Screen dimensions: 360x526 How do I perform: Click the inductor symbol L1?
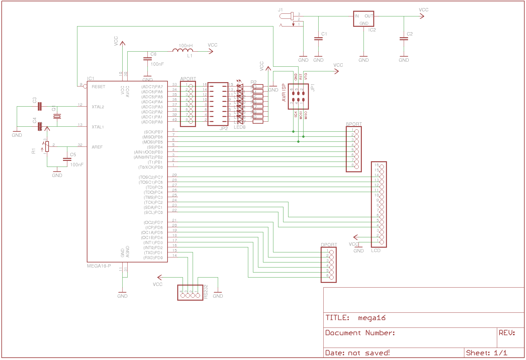[x=183, y=51]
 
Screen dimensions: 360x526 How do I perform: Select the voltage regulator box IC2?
[x=364, y=19]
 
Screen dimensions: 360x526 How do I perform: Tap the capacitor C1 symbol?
[x=318, y=39]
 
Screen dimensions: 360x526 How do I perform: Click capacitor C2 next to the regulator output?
[x=404, y=39]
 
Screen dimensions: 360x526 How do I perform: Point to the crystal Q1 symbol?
[x=57, y=116]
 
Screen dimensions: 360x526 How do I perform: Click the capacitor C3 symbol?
[x=40, y=107]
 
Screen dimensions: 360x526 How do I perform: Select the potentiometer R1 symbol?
[x=47, y=146]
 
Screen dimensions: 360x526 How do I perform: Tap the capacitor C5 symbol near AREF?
[x=67, y=160]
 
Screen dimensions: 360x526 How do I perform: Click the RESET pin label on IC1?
[x=98, y=87]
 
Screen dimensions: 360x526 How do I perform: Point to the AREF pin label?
[x=97, y=147]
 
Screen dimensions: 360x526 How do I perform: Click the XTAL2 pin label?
[x=98, y=107]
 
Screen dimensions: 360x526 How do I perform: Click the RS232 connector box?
[x=190, y=292]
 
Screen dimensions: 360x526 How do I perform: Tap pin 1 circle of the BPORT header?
[x=356, y=132]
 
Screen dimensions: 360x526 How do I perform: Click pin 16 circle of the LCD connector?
[x=382, y=167]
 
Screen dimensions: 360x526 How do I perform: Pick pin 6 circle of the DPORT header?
[x=331, y=277]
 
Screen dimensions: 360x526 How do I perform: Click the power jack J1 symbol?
[x=286, y=16]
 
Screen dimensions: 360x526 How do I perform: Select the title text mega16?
[x=372, y=318]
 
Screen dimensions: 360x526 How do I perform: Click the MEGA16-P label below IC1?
[x=99, y=266]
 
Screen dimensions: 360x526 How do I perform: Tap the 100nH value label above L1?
[x=185, y=46]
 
